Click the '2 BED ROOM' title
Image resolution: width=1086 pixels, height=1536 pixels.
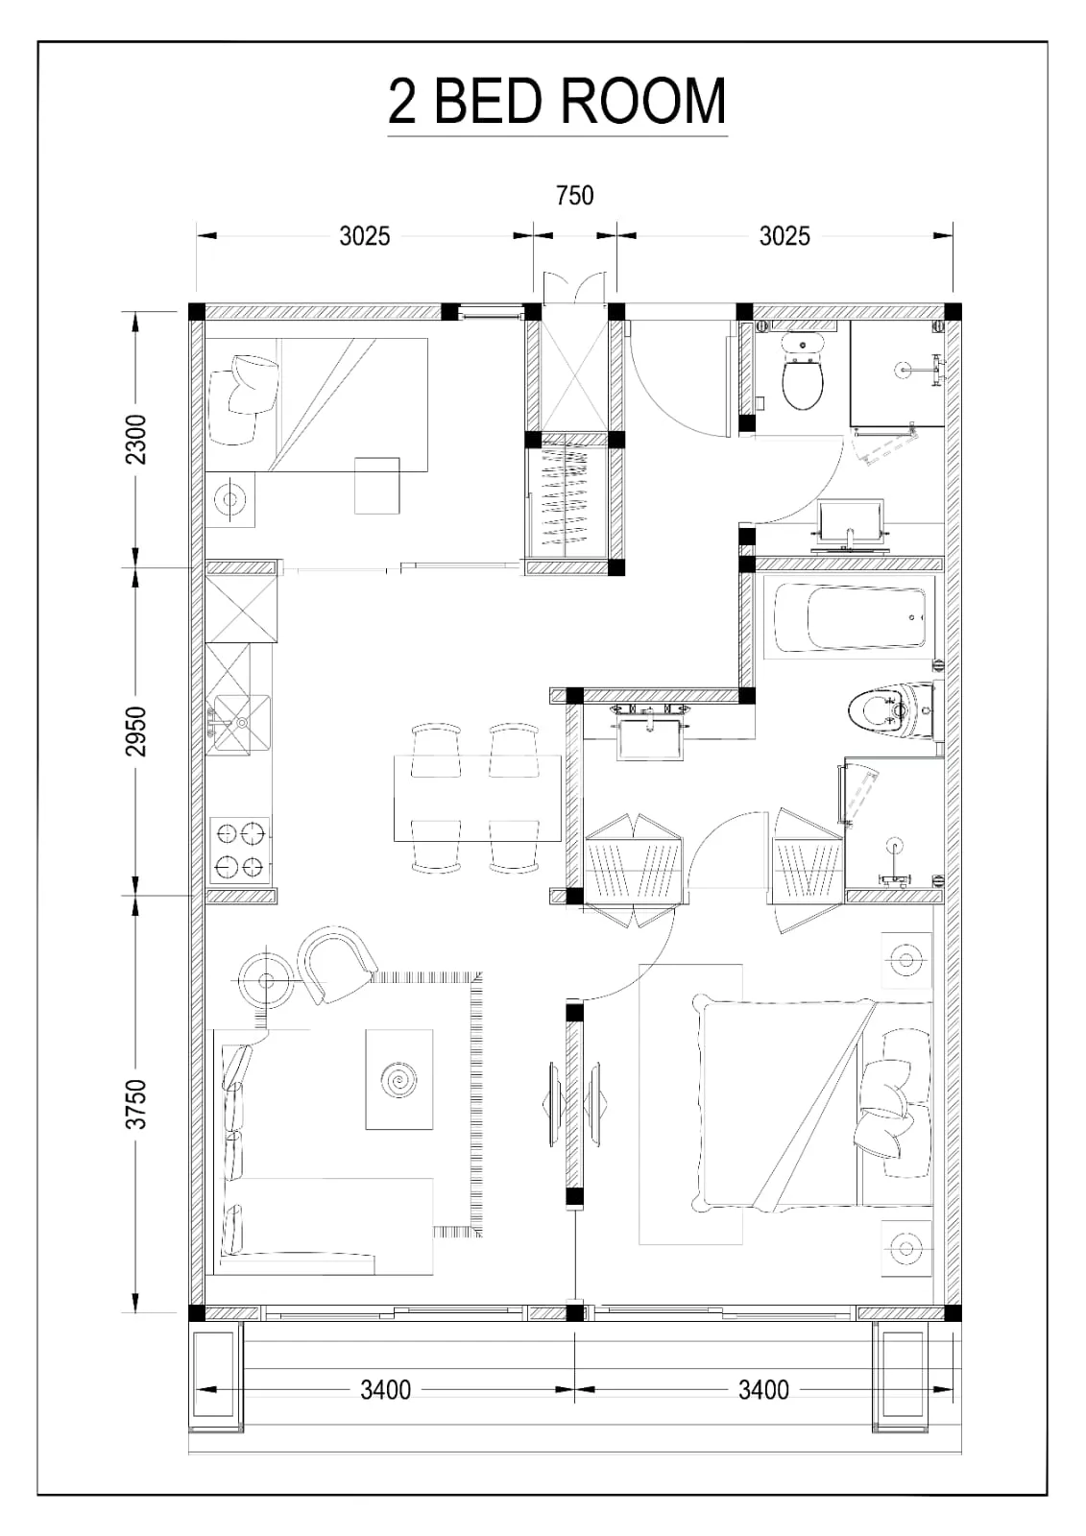[x=556, y=101]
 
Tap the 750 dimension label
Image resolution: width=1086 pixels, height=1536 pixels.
[x=574, y=196]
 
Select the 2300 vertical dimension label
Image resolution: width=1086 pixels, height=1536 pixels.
[x=135, y=440]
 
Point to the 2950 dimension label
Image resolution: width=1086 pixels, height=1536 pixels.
[x=135, y=731]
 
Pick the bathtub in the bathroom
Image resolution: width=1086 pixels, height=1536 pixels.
[x=849, y=615]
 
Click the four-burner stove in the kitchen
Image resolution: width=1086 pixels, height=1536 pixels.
[x=240, y=851]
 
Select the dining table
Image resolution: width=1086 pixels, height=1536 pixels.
[x=477, y=798]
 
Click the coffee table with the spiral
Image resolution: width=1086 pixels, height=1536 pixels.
[x=399, y=1079]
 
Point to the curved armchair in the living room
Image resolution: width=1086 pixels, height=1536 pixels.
[x=337, y=964]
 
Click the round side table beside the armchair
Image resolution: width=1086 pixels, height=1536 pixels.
[x=266, y=981]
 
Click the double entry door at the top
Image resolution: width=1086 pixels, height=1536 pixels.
[x=575, y=289]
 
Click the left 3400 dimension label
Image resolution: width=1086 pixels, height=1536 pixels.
[x=386, y=1390]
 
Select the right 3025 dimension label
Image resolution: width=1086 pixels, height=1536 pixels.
[x=784, y=236]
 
